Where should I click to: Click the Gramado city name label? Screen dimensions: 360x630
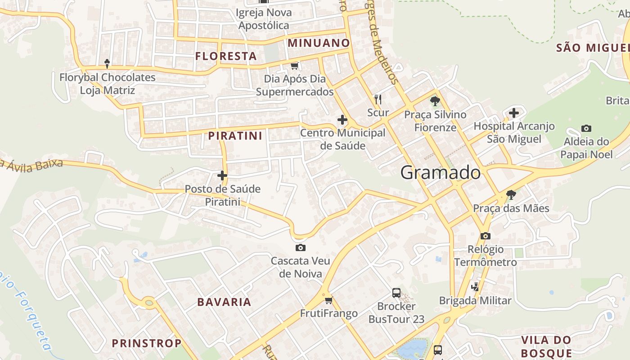point(440,173)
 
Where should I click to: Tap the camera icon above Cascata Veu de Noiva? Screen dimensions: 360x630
point(301,247)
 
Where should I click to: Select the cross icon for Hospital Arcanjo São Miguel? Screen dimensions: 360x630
point(514,112)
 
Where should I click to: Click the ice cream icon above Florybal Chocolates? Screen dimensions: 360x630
point(107,64)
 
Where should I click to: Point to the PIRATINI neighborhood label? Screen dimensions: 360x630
point(235,135)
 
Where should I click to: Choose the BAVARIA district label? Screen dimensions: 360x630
point(224,302)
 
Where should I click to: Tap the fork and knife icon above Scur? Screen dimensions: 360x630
point(378,99)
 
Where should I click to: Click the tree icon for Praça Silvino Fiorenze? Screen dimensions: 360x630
point(435,101)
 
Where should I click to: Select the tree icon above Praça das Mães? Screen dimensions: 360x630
point(511,195)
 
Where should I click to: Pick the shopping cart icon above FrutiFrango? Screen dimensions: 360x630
point(328,300)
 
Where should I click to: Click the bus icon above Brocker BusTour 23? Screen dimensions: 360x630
point(396,293)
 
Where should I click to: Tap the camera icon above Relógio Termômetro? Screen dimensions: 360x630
point(485,236)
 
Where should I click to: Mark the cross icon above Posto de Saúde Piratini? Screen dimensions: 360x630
point(222,175)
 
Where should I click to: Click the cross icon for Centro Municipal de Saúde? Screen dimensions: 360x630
point(342,120)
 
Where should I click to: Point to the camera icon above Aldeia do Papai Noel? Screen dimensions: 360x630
point(586,128)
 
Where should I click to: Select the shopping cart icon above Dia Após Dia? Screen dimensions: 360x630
point(294,66)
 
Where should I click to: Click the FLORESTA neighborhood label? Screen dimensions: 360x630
point(226,56)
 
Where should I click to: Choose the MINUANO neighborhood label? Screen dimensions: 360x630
point(319,43)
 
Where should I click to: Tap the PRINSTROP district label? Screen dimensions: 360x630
point(147,343)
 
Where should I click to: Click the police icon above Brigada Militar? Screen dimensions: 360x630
point(475,287)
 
